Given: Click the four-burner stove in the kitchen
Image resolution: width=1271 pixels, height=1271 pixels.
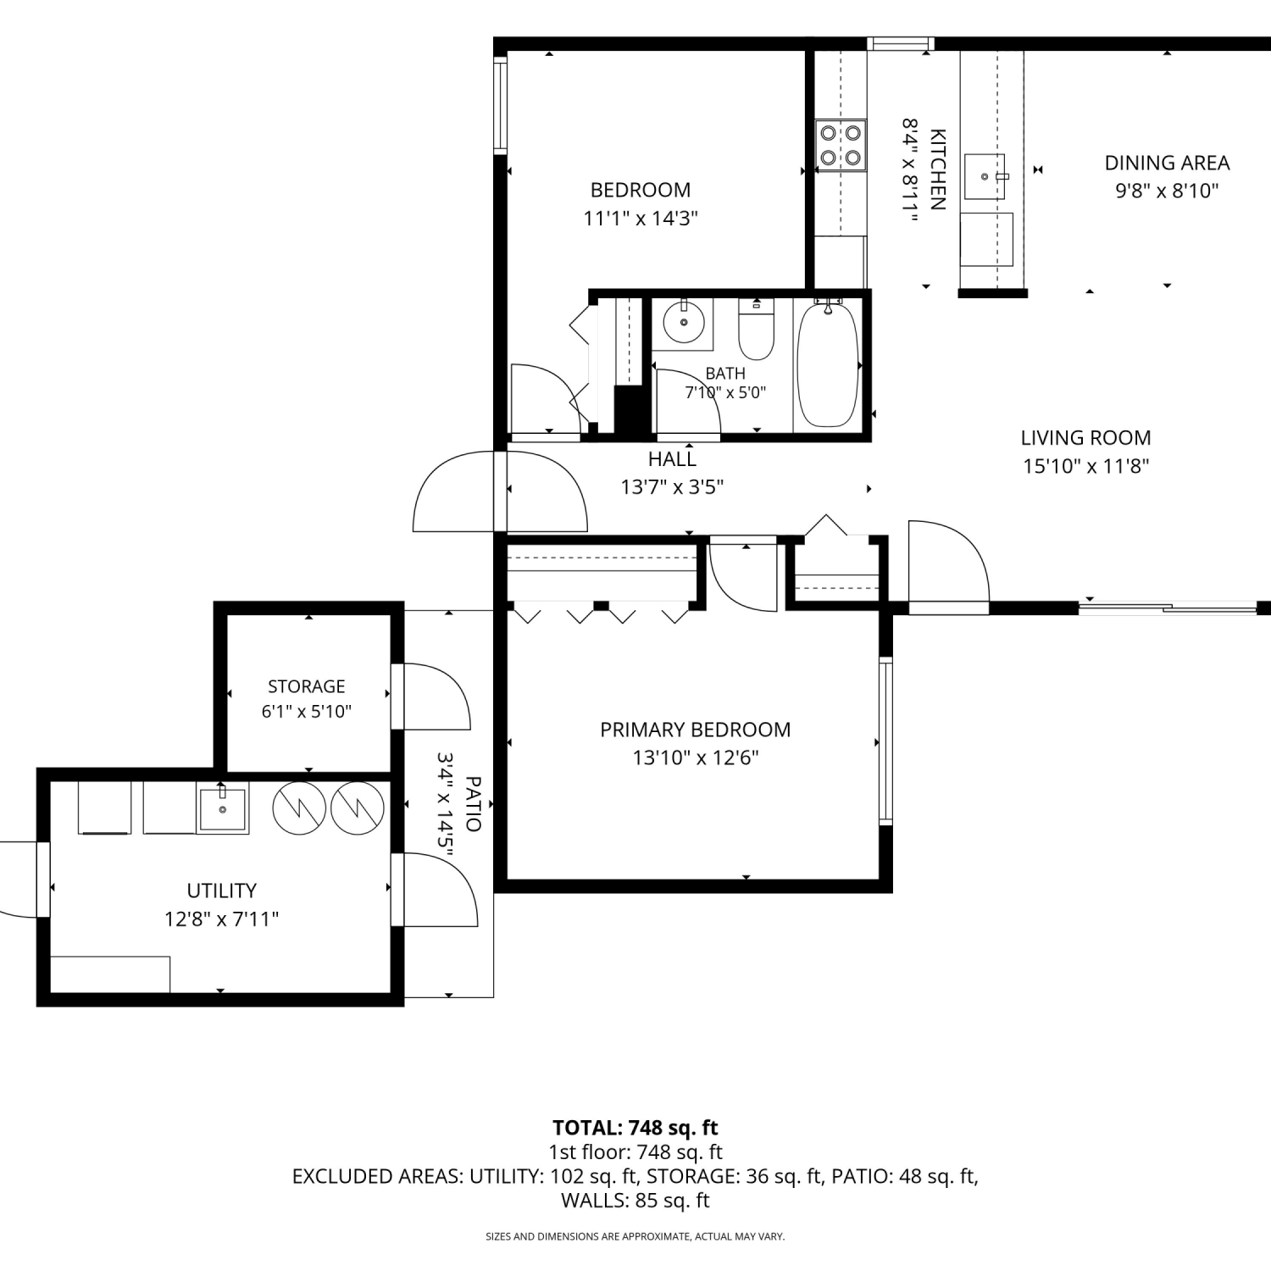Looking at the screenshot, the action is (x=841, y=145).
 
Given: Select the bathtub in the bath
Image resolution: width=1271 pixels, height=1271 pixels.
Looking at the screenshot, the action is (x=828, y=364).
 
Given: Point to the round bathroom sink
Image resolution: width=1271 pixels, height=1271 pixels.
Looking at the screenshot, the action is (x=683, y=322).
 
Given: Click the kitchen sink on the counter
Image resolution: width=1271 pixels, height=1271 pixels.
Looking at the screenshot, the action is (x=985, y=176).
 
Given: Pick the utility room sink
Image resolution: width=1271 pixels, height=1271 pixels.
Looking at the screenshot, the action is (x=223, y=809).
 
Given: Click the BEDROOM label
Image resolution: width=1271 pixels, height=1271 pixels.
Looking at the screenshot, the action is (x=641, y=190).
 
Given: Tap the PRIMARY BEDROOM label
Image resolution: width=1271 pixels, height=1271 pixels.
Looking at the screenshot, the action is (x=696, y=730).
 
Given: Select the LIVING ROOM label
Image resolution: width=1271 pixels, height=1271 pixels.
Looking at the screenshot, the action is (x=1085, y=438).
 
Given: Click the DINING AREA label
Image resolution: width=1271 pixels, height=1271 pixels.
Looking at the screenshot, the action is (x=1167, y=163).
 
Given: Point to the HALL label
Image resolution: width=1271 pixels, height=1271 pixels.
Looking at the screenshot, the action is (x=672, y=459).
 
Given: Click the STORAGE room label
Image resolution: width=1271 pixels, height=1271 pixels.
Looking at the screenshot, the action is (x=307, y=686).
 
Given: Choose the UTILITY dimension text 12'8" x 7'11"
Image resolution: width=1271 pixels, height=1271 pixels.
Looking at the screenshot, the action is (x=222, y=919).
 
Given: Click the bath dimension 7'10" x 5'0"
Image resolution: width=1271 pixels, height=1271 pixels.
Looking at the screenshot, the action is (x=725, y=392).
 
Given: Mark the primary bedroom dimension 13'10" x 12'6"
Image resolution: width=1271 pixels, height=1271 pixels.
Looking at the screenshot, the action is (x=696, y=758).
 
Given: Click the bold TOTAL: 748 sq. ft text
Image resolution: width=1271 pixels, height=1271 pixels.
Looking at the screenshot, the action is (x=635, y=1128).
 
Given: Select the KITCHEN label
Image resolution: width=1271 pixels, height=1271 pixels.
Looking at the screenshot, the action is (x=938, y=169).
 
